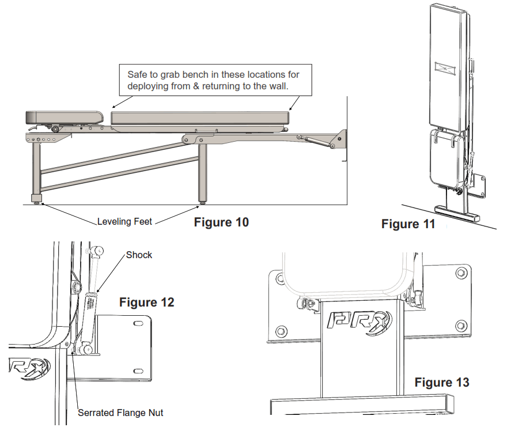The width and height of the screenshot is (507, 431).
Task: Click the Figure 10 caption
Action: pos(221,222)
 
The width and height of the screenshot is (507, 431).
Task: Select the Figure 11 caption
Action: pos(408,224)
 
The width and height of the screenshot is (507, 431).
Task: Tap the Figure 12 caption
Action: pos(146,302)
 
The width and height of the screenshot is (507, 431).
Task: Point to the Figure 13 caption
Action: pos(442,382)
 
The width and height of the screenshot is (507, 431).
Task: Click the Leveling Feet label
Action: pos(124,221)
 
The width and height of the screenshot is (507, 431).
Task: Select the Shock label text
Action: pos(139,255)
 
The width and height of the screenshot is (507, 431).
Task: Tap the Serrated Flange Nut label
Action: pos(120,413)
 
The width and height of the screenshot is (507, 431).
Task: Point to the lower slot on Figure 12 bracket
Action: pos(138,370)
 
